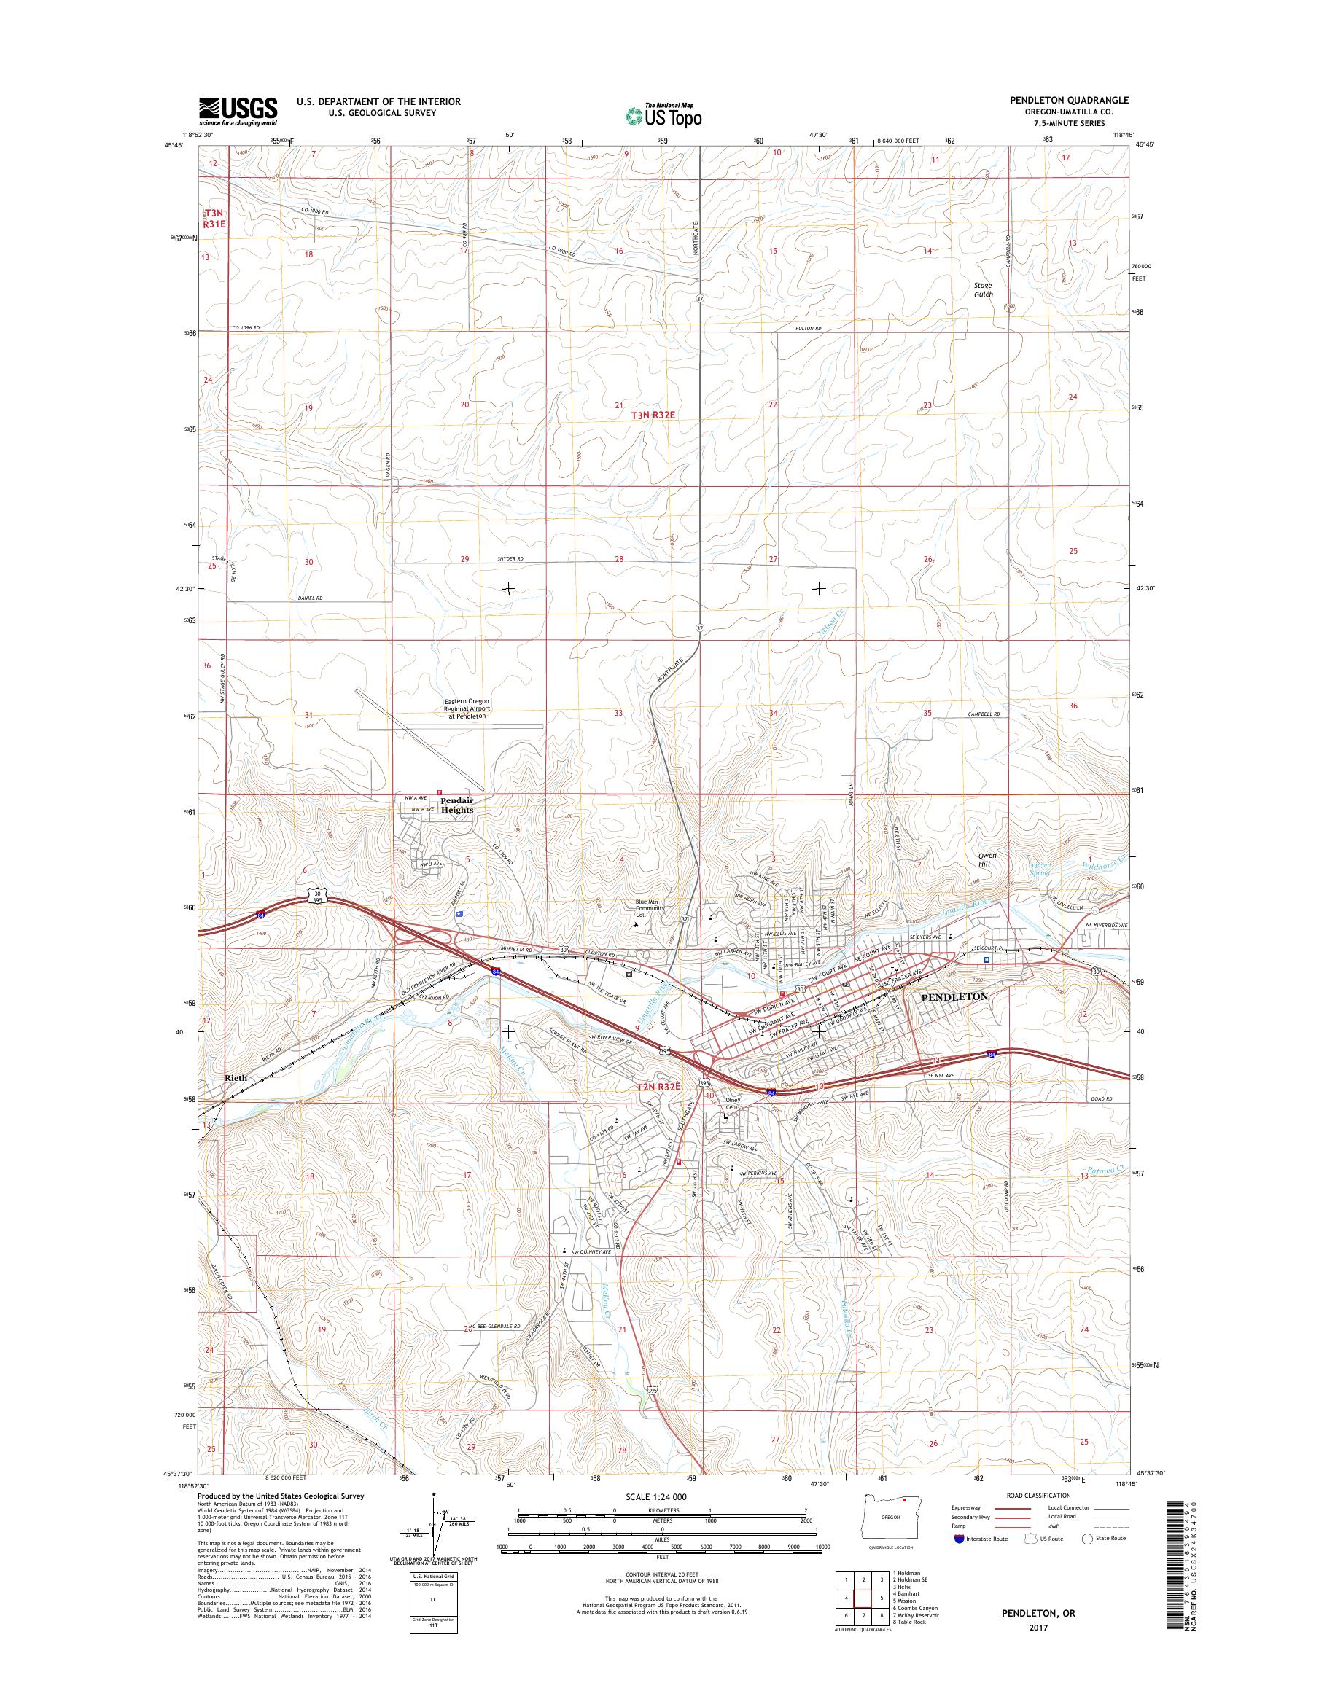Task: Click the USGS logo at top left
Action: tap(238, 111)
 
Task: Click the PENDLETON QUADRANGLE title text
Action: tap(1069, 100)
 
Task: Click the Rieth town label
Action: tap(235, 1078)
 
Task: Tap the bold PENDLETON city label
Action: tap(954, 996)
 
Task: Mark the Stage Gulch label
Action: tap(984, 290)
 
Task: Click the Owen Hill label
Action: tap(987, 860)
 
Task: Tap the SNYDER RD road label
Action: tap(510, 559)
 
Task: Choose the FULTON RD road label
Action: tap(808, 329)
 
